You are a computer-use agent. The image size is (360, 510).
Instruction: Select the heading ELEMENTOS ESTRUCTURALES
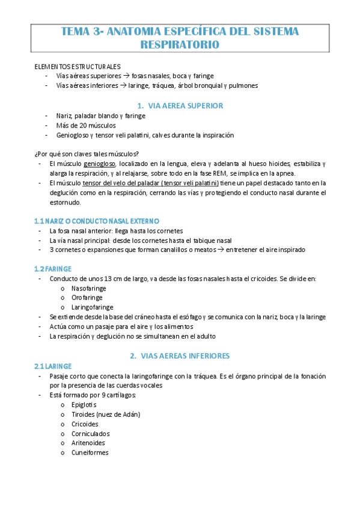coord(78,67)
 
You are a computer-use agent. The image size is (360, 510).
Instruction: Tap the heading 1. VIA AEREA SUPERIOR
coord(180,105)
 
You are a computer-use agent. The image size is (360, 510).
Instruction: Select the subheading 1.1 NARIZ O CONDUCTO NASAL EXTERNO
coord(97,221)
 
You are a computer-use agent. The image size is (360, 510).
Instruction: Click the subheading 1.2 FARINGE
coord(53,268)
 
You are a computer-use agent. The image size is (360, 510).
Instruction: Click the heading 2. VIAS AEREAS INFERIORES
coord(180,355)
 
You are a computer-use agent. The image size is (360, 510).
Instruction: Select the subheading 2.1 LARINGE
coord(53,366)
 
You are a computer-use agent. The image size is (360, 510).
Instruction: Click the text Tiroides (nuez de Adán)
coord(105,414)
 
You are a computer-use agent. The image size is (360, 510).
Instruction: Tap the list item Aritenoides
coord(90,443)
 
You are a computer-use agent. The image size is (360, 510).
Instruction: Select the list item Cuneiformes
coord(90,453)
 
